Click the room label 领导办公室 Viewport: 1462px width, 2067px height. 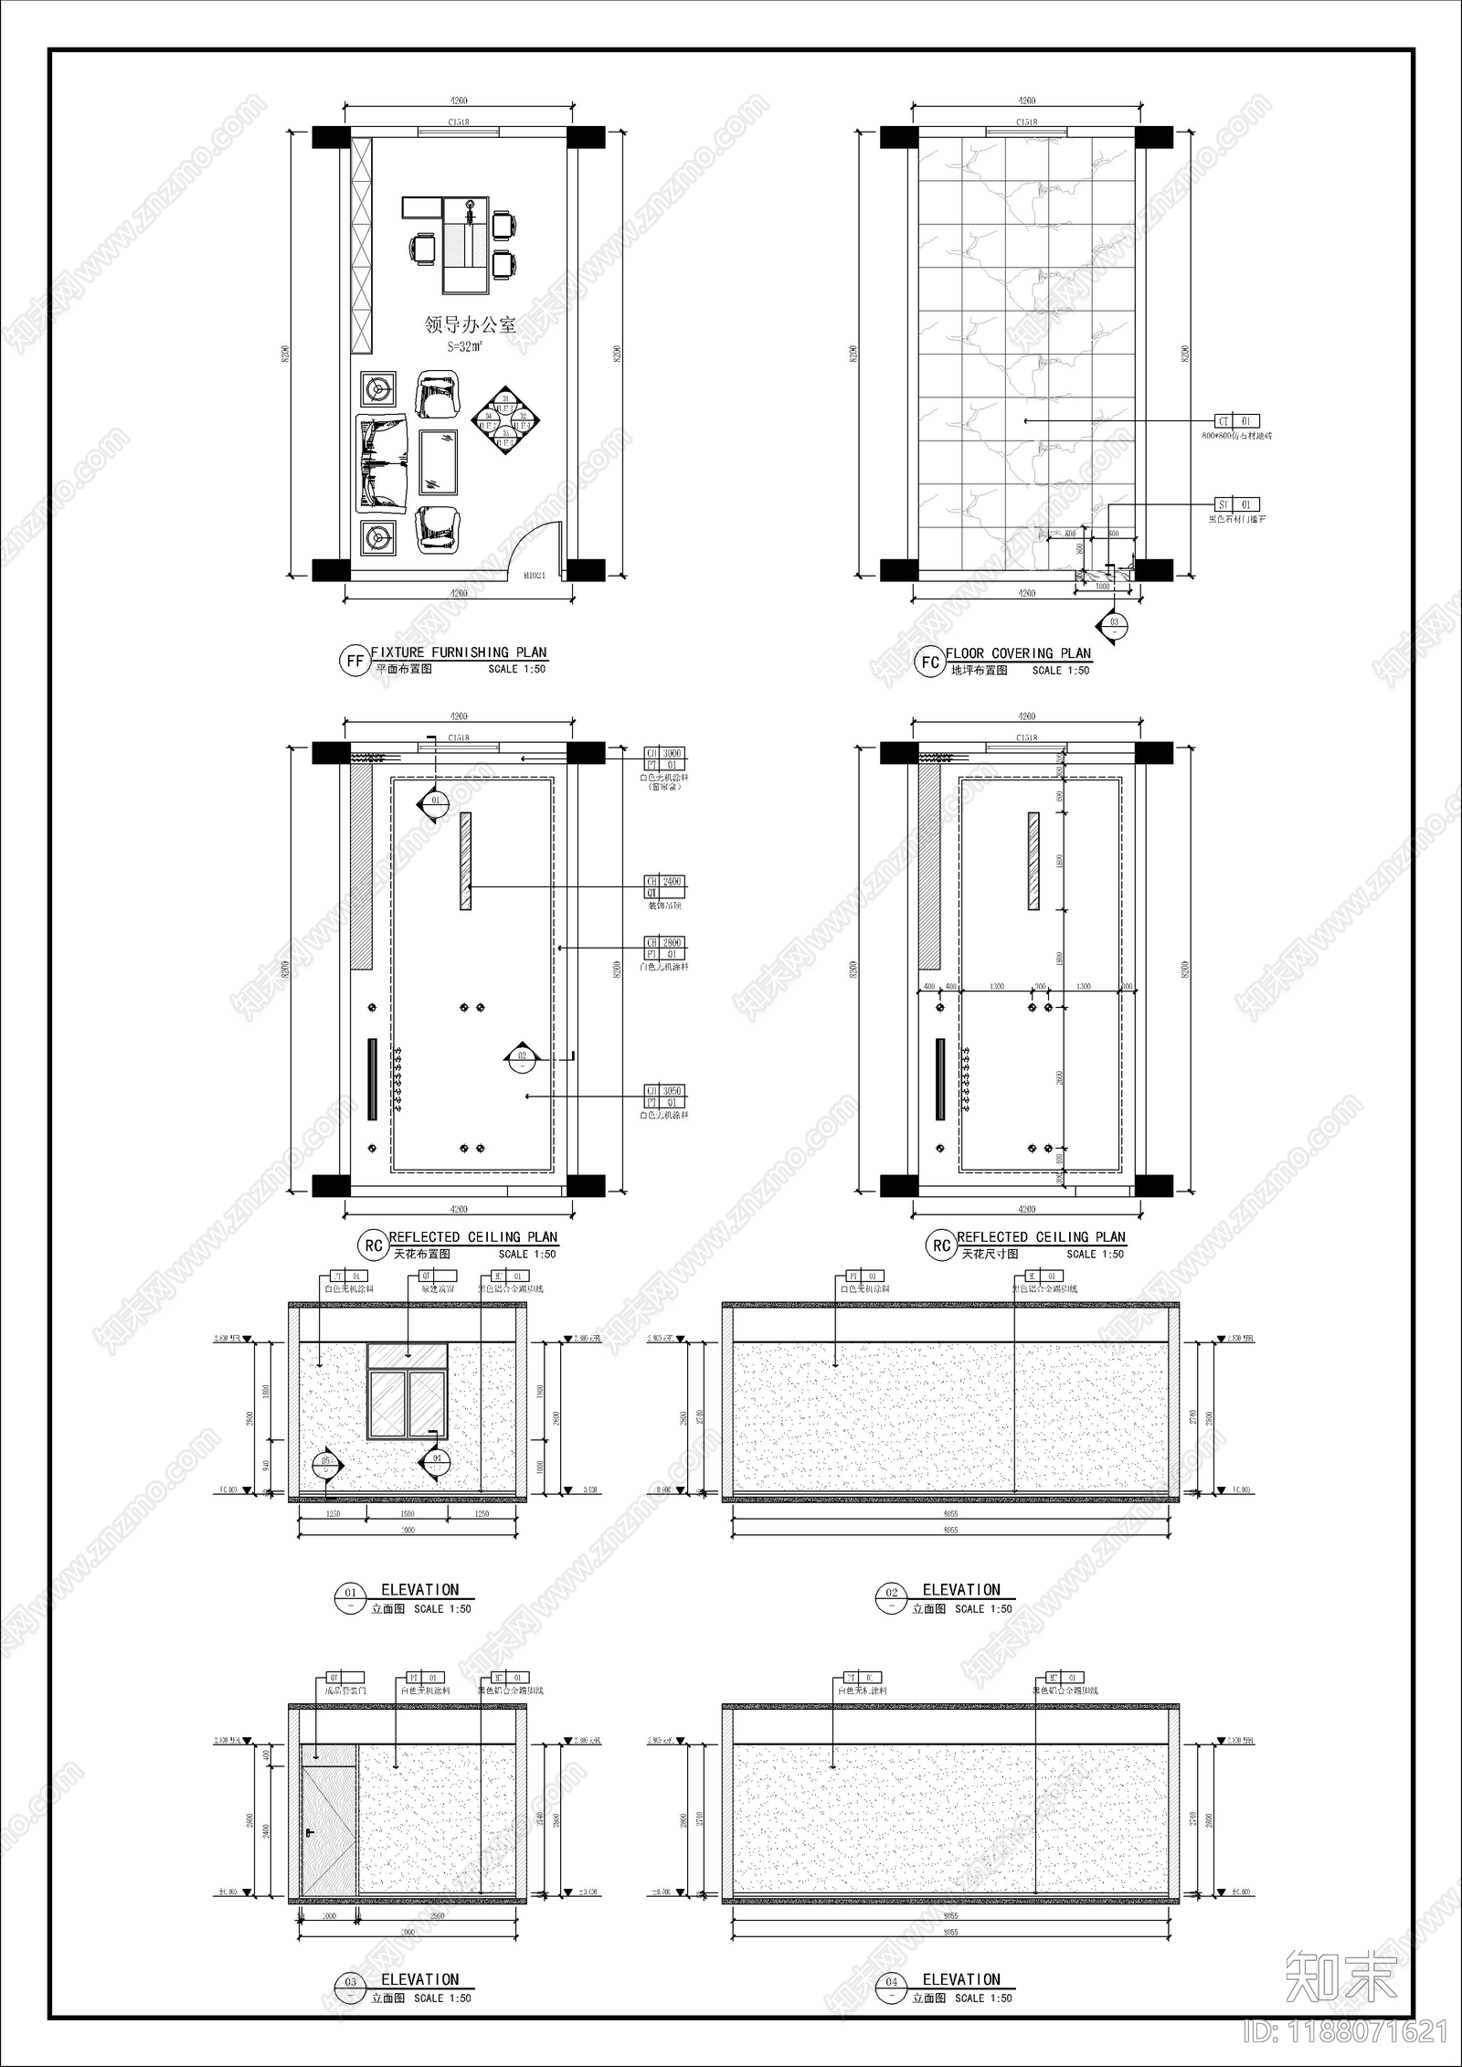coord(470,325)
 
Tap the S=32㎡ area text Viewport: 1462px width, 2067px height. coord(465,347)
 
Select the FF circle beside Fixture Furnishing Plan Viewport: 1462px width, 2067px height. coord(354,662)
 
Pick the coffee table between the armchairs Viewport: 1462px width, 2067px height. coord(439,462)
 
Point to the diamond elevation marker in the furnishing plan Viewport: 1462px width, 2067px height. coord(505,420)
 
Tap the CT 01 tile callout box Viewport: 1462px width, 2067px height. coord(1235,421)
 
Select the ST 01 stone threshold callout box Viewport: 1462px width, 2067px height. coord(1235,504)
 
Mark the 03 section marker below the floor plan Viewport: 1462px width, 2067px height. coord(1114,626)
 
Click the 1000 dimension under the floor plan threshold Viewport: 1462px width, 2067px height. coord(1102,587)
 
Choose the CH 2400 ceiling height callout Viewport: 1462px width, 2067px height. coord(664,882)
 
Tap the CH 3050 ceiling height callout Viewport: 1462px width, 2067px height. coord(664,1091)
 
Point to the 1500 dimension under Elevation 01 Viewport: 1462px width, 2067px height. coord(407,1514)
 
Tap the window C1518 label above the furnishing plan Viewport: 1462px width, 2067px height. coord(458,123)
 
